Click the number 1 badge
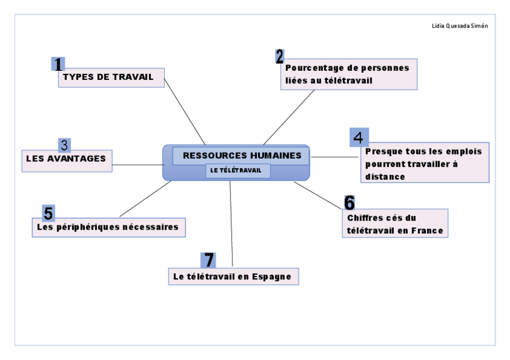point(58,64)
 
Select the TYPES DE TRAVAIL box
point(111,78)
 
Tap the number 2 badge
point(280,56)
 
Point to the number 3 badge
point(64,145)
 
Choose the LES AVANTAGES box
point(67,159)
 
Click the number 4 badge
point(358,137)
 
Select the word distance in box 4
point(385,177)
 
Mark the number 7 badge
point(208,260)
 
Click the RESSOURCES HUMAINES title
point(241,155)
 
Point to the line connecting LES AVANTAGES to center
point(138,163)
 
